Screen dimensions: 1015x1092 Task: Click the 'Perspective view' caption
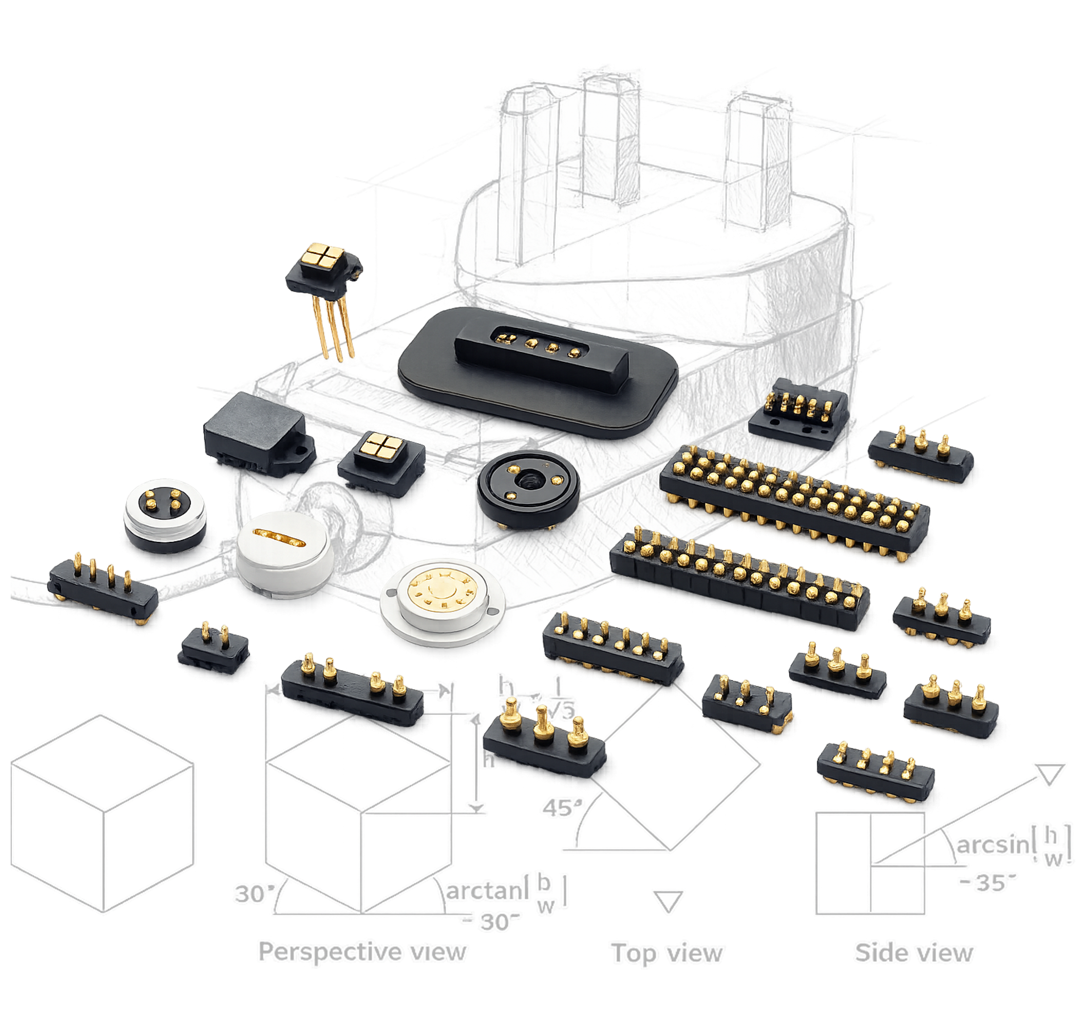click(363, 951)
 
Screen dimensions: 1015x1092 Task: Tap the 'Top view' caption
click(668, 953)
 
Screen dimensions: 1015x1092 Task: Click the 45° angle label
click(562, 808)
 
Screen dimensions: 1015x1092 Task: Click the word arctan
click(483, 890)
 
